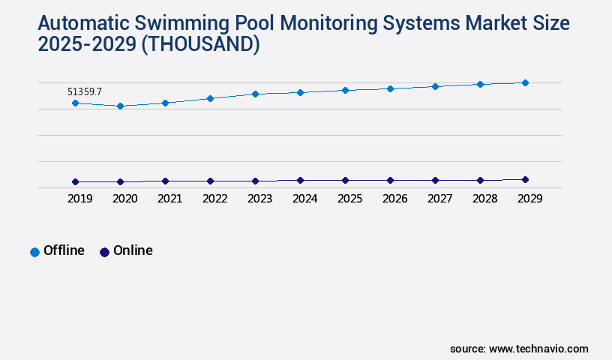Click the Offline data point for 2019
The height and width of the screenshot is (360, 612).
coord(75,103)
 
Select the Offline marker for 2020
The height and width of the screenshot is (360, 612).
coord(120,106)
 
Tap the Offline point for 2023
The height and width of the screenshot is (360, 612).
coord(255,94)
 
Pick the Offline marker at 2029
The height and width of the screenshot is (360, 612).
coord(525,82)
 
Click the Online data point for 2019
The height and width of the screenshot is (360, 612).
coord(75,181)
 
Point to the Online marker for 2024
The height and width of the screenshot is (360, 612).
coord(300,180)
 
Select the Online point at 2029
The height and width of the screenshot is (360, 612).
coord(525,179)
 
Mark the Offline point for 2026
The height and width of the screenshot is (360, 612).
coord(390,88)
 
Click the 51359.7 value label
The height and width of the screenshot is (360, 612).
coord(85,91)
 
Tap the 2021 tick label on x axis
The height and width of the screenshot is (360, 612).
coord(169,199)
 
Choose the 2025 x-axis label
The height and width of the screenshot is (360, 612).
coord(349,199)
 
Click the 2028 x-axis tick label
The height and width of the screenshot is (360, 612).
coord(484,199)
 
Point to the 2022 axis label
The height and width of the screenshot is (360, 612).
coord(214,199)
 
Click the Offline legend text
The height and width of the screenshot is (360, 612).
coord(64,250)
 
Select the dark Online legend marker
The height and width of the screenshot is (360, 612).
coord(104,252)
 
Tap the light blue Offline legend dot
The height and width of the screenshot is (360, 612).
coord(34,252)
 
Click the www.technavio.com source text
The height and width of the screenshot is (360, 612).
coord(538,349)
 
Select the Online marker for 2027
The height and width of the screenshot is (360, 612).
coord(435,180)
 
